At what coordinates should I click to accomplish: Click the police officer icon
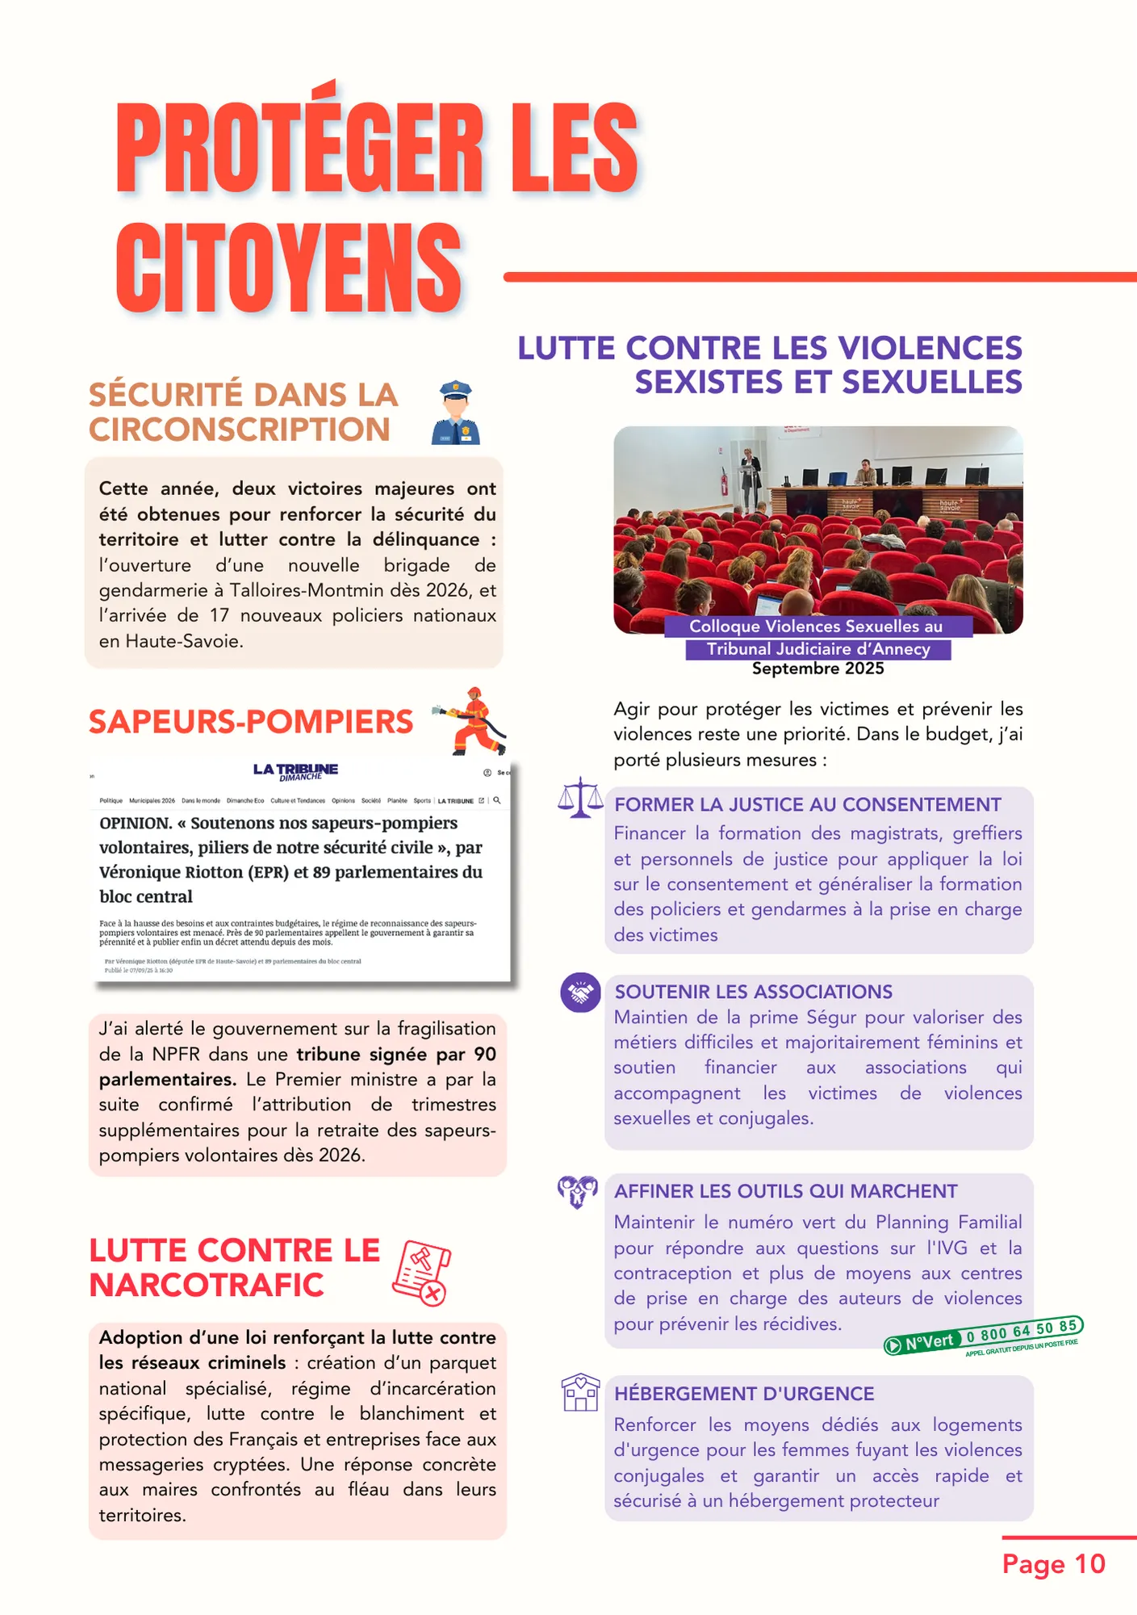click(x=456, y=413)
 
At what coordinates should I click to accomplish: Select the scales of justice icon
click(x=580, y=798)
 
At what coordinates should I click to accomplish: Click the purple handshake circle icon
click(x=580, y=992)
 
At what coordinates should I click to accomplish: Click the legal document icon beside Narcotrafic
click(x=421, y=1273)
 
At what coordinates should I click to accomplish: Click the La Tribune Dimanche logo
click(x=295, y=771)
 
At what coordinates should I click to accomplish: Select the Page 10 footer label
click(x=1053, y=1564)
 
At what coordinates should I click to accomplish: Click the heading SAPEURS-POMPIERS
click(x=251, y=722)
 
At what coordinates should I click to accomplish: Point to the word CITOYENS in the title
click(x=289, y=268)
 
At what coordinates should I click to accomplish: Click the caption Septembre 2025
click(x=817, y=669)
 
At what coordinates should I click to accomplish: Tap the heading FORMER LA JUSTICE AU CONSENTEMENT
click(x=808, y=804)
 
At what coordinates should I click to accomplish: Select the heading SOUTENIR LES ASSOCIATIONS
click(x=754, y=992)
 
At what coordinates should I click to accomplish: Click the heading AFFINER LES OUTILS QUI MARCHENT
click(x=786, y=1191)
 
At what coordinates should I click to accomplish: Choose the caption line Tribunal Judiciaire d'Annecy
click(x=817, y=649)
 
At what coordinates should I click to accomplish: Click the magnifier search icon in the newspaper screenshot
click(x=497, y=800)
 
